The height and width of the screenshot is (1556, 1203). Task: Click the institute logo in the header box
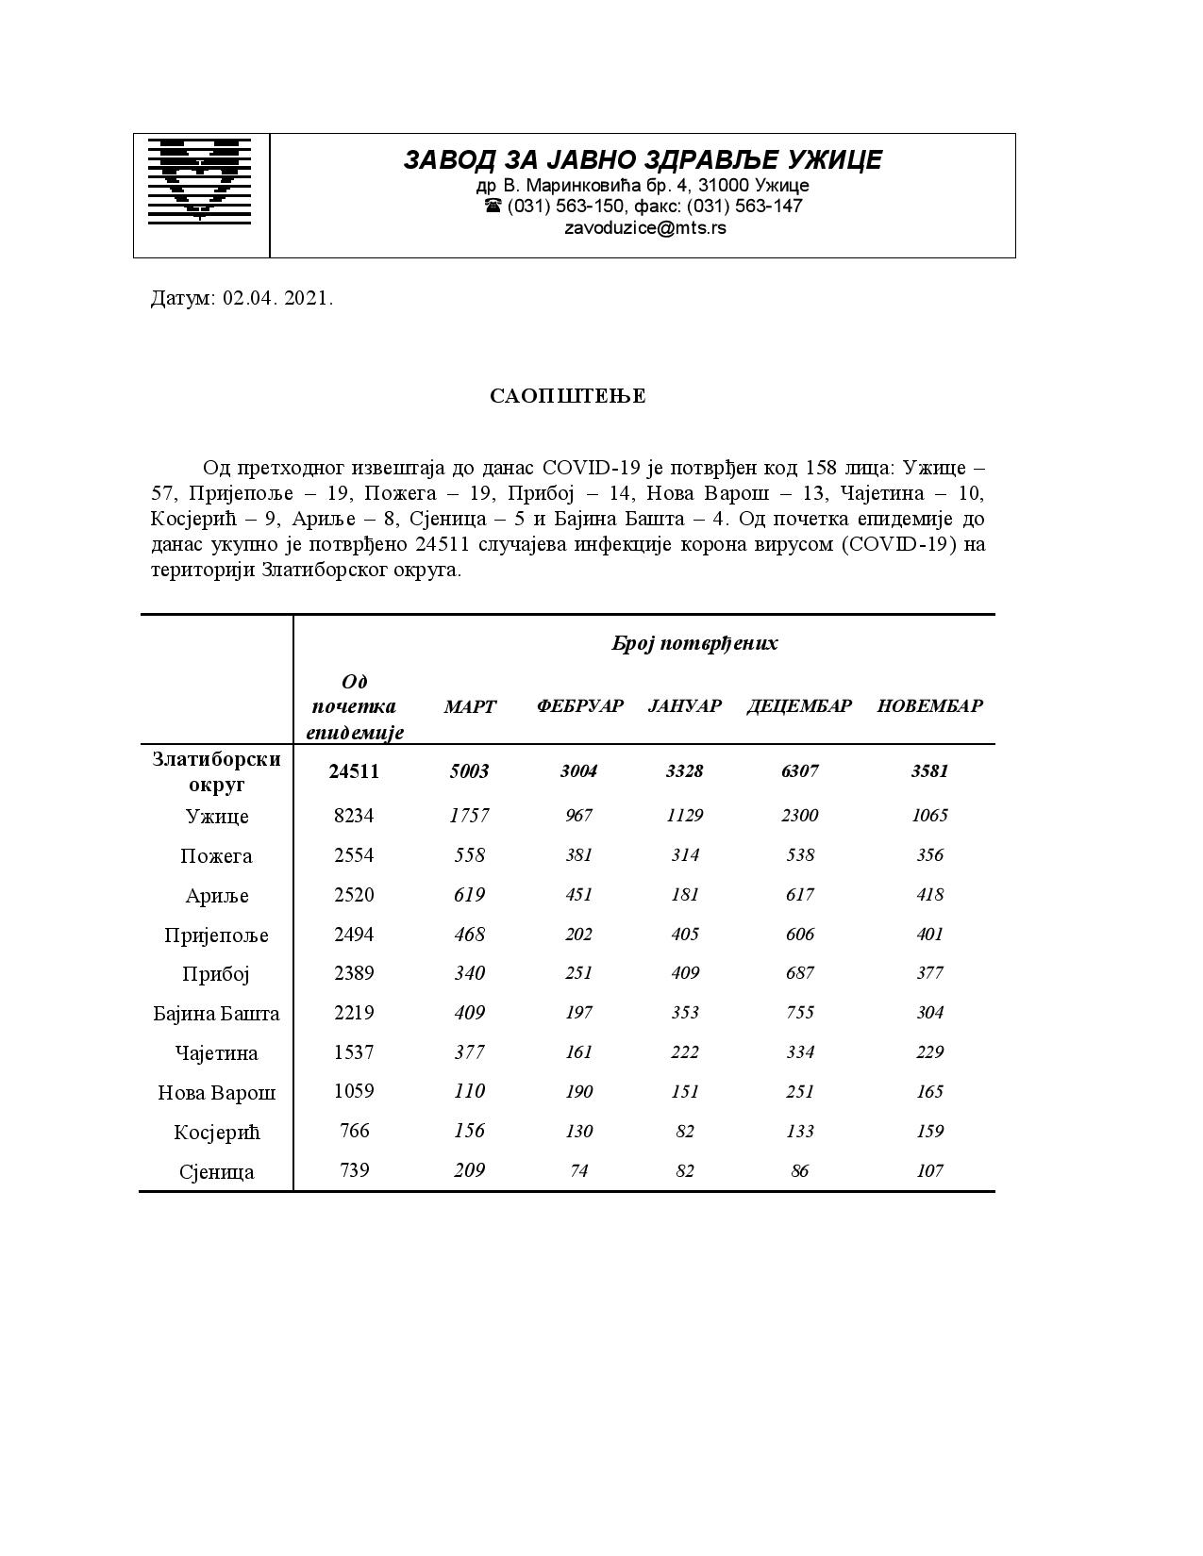[200, 180]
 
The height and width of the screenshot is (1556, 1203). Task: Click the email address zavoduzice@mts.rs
[644, 228]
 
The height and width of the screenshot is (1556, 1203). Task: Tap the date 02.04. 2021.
[277, 299]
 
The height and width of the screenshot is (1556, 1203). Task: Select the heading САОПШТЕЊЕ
[568, 396]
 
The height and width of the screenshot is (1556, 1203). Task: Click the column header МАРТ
[469, 706]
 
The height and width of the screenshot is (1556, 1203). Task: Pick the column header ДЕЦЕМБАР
[799, 706]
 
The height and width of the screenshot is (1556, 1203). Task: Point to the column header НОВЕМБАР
[929, 706]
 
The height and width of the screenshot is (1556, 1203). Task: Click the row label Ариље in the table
[217, 896]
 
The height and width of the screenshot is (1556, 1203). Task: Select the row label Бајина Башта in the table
[217, 1014]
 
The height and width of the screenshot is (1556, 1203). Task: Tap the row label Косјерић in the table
[217, 1132]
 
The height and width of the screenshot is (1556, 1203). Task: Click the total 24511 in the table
[354, 771]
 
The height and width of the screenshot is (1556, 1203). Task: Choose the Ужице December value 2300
[799, 816]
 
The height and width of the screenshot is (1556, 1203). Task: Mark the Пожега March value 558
[469, 855]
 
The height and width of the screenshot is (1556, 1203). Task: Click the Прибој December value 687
[799, 973]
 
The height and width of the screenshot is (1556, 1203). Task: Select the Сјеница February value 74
[578, 1170]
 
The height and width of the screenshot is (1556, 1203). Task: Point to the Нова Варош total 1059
[354, 1091]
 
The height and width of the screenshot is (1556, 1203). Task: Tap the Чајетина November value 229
[929, 1052]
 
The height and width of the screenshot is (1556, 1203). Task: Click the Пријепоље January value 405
[685, 935]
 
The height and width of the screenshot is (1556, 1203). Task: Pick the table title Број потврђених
[694, 644]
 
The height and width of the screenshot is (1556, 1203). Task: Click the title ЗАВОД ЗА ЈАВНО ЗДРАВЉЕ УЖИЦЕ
[643, 160]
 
